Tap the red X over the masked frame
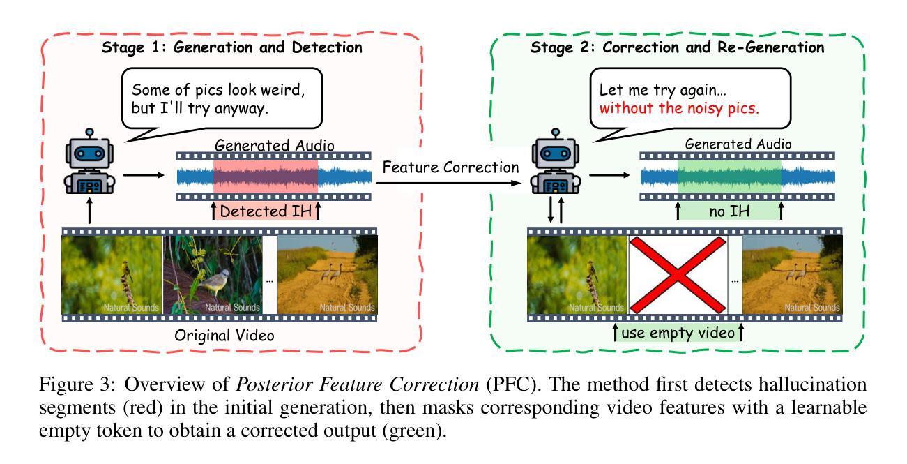[678, 275]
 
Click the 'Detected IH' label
[265, 209]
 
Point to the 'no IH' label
[729, 209]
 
